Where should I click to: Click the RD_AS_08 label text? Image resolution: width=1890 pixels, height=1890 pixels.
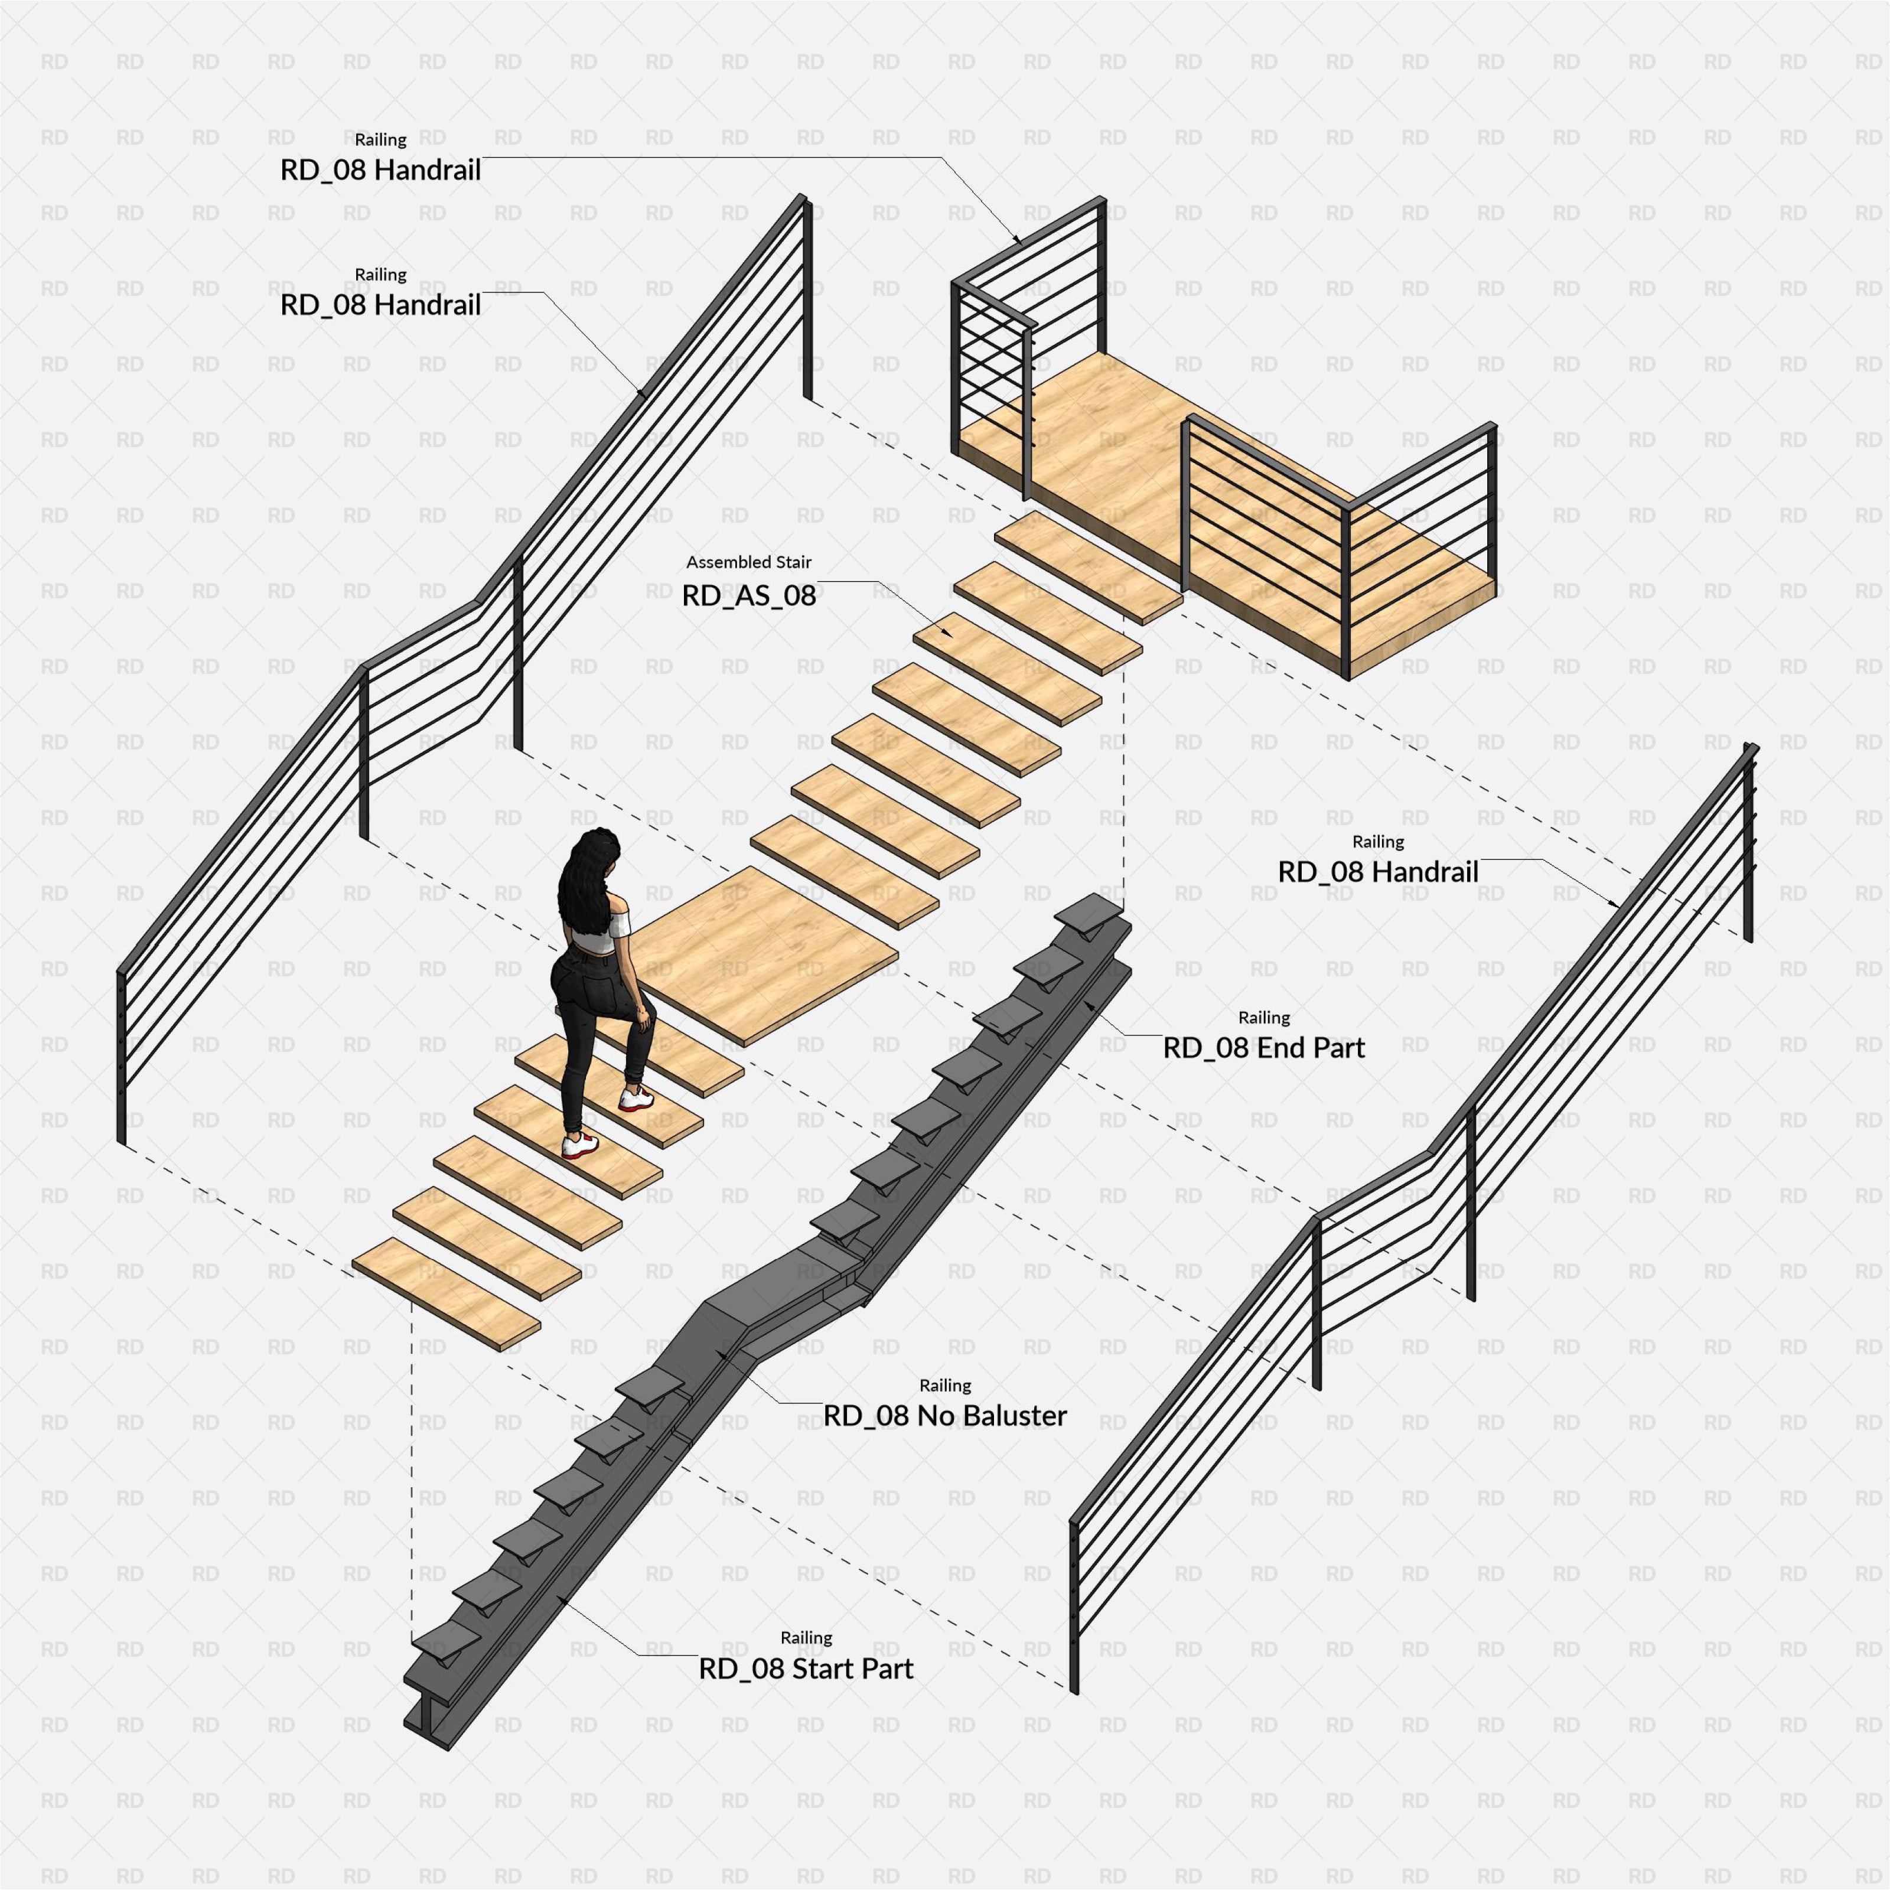coord(748,596)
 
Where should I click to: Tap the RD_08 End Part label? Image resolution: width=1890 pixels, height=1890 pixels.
coord(1263,1048)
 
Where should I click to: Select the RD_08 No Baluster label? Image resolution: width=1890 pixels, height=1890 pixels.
coord(945,1416)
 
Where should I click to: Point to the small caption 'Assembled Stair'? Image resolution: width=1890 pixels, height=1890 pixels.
coord(748,562)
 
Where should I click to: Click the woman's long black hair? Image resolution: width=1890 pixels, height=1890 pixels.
coord(587,881)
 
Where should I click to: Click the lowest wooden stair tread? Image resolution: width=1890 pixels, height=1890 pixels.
coord(446,1294)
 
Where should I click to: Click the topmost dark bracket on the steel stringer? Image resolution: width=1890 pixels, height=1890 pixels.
coord(1093,913)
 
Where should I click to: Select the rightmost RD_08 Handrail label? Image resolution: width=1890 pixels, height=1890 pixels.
coord(1377,872)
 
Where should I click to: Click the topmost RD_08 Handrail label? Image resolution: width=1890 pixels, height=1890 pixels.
coord(380,170)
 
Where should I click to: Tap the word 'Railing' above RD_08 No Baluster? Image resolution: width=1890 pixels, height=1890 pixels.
coord(945,1385)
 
